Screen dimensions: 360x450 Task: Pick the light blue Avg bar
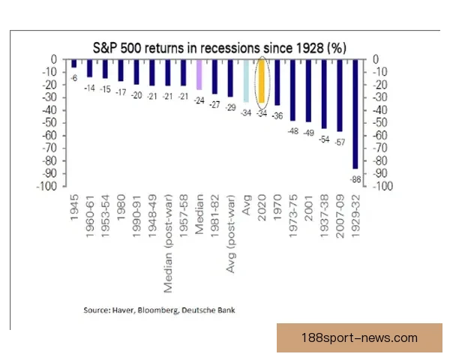click(246, 80)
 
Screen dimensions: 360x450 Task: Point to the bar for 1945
click(73, 63)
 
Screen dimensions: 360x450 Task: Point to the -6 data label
click(74, 77)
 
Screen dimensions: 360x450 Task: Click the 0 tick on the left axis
click(55, 60)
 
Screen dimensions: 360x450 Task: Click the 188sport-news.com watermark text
click(358, 338)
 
